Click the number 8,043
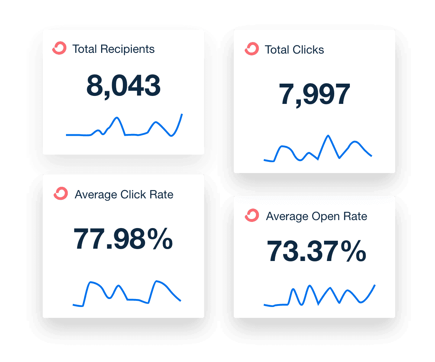point(123,86)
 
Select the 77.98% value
point(123,239)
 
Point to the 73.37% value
point(316,251)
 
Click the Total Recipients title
point(113,49)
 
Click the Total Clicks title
point(294,50)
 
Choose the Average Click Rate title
point(124,194)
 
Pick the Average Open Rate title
point(316,216)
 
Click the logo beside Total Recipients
point(59,49)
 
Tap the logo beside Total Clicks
point(252,49)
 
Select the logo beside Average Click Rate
point(61,194)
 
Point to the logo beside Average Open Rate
point(252,215)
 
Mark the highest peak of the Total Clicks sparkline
point(328,136)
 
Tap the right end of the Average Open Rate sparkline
point(374,286)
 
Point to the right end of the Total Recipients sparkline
point(182,114)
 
